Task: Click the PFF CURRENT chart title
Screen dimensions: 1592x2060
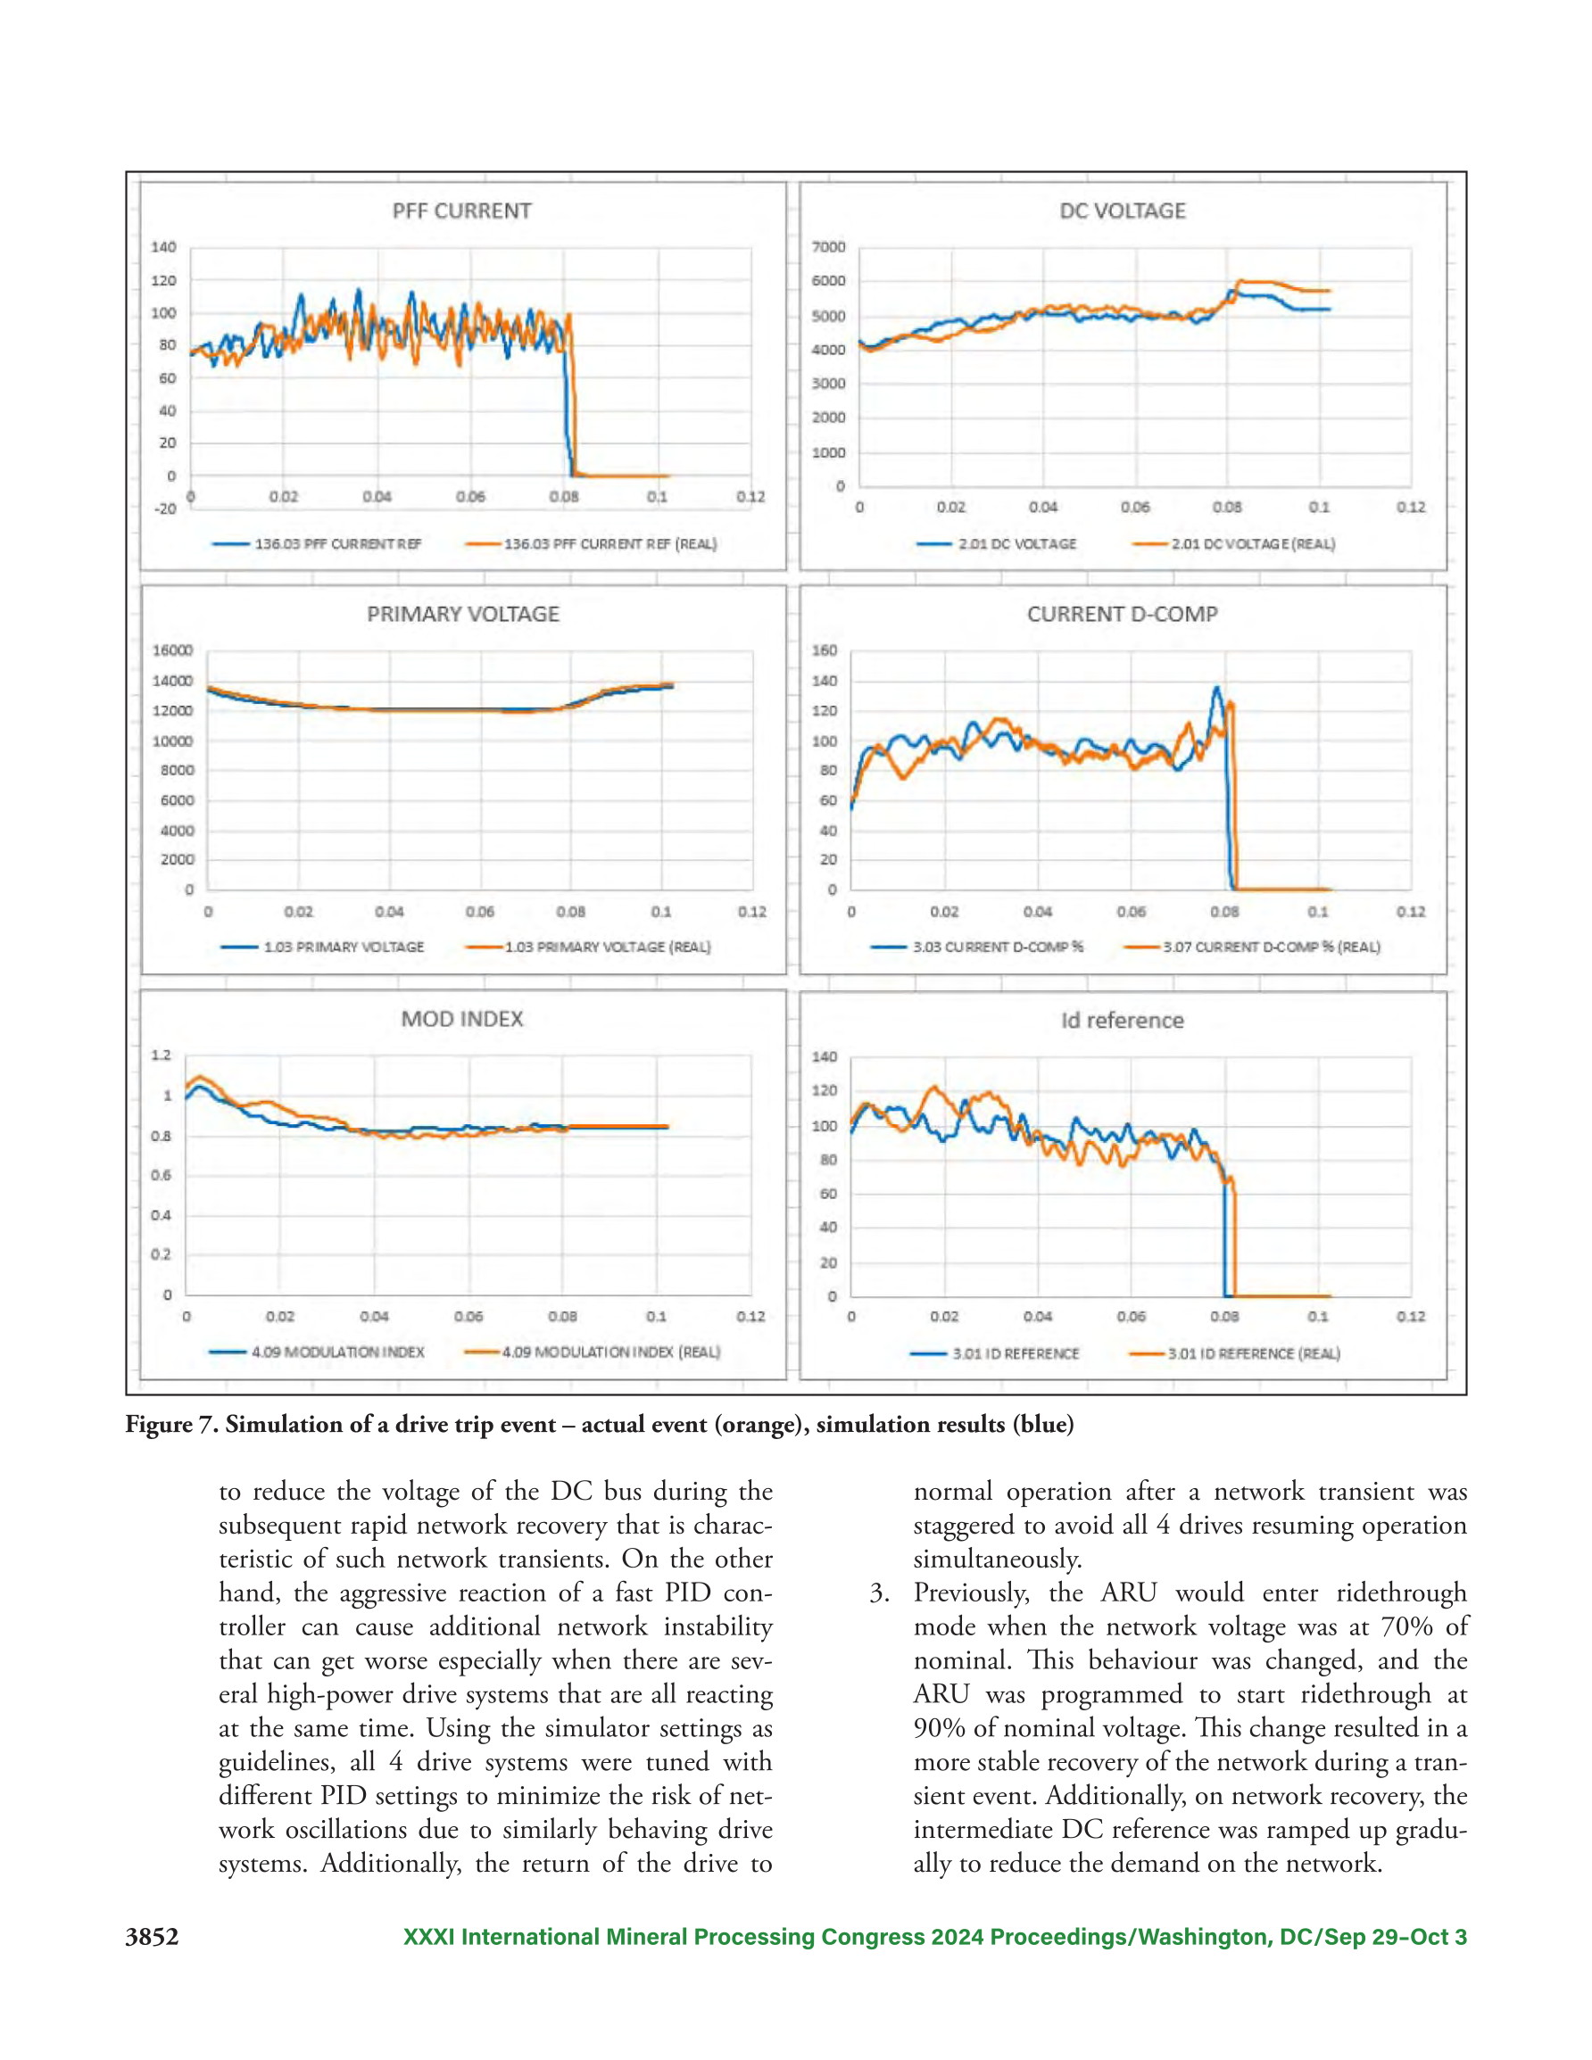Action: [461, 211]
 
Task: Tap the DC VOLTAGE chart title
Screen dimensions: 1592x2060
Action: [1122, 211]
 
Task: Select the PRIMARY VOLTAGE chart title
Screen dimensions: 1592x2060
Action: [462, 614]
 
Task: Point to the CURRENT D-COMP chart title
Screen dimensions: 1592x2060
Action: [1122, 614]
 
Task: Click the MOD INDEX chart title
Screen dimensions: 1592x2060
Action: [461, 1019]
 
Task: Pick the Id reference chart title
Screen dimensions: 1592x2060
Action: [1122, 1020]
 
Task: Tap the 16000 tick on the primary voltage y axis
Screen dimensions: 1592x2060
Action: [173, 650]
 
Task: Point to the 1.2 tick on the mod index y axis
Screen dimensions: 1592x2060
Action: [162, 1055]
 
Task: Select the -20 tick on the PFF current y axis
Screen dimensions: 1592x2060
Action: [165, 509]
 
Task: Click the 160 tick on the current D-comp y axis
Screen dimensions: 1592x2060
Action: [824, 650]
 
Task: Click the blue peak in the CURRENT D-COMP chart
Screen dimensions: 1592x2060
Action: [1216, 688]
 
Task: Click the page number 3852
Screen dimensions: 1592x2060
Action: [152, 1937]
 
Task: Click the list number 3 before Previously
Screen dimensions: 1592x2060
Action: [879, 1593]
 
